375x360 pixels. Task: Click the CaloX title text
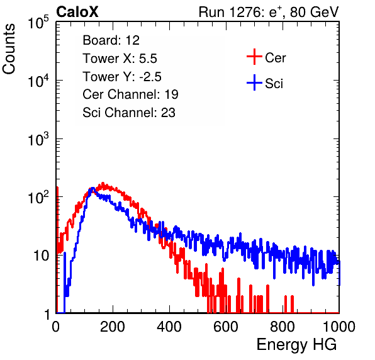tap(77, 12)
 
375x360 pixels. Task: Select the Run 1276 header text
tap(269, 12)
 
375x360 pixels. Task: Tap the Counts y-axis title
tap(9, 49)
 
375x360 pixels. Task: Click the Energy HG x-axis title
tap(297, 345)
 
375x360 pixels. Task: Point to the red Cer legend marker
tap(254, 57)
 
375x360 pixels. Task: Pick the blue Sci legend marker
tap(254, 82)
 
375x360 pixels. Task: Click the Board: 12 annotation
tap(111, 40)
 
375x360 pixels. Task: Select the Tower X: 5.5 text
tap(120, 59)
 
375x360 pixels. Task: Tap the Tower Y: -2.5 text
tap(122, 77)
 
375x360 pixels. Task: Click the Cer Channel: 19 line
tap(130, 94)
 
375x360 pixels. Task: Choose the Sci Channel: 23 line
tap(129, 113)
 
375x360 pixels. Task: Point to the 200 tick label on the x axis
tap(113, 327)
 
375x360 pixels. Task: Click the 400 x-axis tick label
tap(169, 327)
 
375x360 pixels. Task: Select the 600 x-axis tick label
tap(226, 327)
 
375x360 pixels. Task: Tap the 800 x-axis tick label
tap(283, 327)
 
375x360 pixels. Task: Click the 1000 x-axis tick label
tap(339, 327)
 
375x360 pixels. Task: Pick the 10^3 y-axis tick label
tap(38, 139)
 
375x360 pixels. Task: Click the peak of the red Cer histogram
tap(103, 183)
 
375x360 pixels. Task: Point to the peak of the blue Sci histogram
tap(92, 188)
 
